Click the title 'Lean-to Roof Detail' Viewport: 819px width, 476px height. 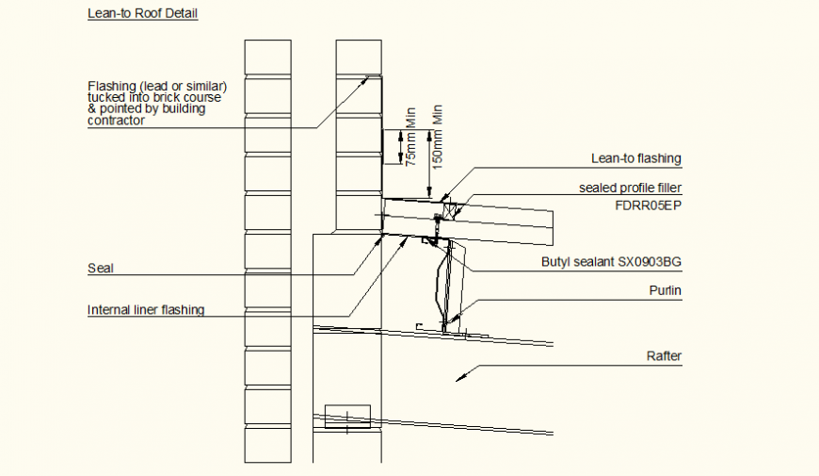pos(142,14)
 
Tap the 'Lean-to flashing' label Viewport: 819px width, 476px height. pos(635,158)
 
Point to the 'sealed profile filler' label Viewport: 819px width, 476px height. pos(630,189)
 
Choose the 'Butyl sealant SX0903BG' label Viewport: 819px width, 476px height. pos(610,262)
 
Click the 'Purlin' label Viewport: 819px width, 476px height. pos(665,291)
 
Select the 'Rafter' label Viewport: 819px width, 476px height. pos(664,356)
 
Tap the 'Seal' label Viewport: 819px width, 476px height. pos(100,268)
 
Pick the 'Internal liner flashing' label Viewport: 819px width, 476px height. pos(146,309)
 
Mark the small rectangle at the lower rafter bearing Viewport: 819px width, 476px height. pos(347,416)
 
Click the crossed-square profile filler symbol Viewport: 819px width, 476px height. pos(451,210)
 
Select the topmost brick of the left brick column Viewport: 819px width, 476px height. pos(266,57)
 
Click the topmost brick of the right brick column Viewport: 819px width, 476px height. pos(358,57)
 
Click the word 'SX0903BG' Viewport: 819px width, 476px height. pos(650,262)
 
